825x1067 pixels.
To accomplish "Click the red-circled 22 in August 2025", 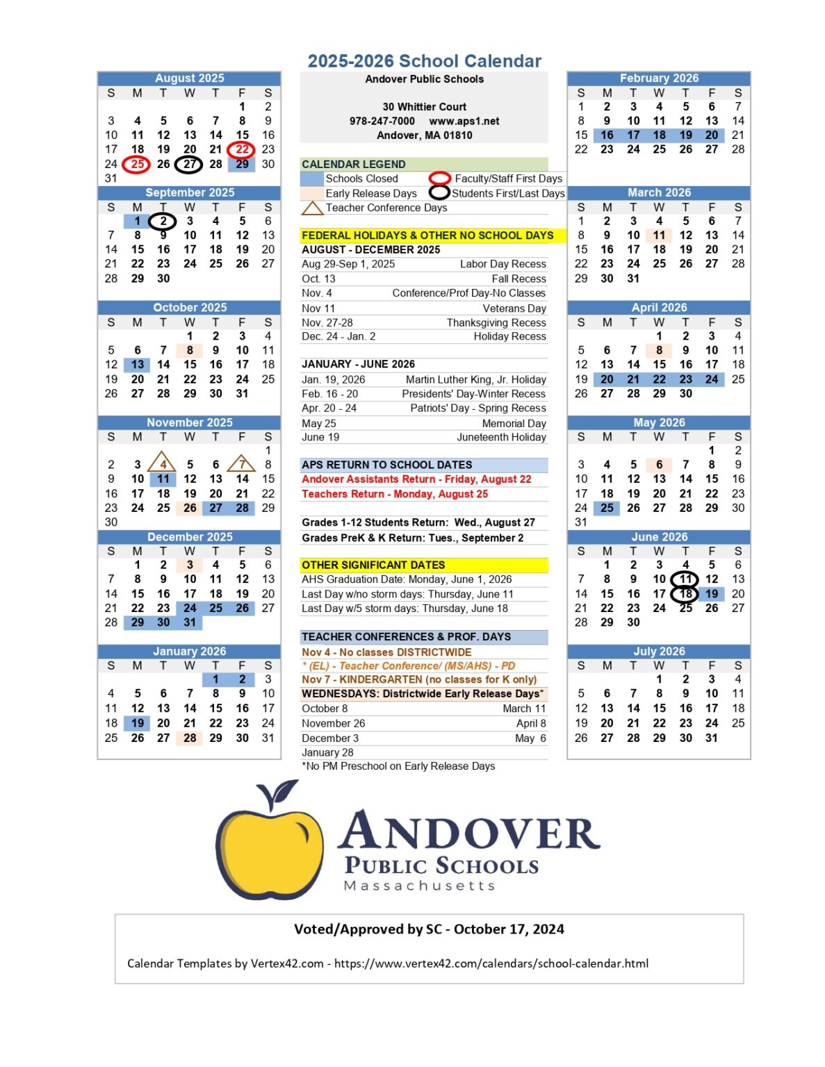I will click(241, 149).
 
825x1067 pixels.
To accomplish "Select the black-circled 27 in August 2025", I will click(189, 164).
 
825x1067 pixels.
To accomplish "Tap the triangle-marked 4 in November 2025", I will click(163, 464).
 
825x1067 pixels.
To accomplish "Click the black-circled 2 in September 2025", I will click(163, 221).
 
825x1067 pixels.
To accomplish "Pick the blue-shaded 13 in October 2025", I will click(138, 365).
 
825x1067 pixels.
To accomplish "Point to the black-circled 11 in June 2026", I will click(685, 579).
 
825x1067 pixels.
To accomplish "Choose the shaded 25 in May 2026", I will click(607, 508).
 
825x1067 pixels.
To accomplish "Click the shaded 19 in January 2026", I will click(138, 723).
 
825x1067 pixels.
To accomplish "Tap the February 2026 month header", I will click(658, 78).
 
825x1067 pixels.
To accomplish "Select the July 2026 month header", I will click(658, 652).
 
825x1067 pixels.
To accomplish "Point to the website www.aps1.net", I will click(464, 121).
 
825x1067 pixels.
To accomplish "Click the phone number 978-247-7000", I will click(382, 121).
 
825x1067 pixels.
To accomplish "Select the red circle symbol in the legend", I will click(439, 179).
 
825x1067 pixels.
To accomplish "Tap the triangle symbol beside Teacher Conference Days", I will click(312, 208).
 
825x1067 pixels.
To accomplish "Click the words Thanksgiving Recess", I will click(496, 322).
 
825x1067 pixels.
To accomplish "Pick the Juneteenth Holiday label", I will click(501, 437).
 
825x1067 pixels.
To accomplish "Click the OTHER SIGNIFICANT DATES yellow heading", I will click(373, 565).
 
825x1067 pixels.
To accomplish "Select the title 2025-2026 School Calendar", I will click(424, 61).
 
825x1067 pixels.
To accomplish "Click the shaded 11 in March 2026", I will click(659, 235).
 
